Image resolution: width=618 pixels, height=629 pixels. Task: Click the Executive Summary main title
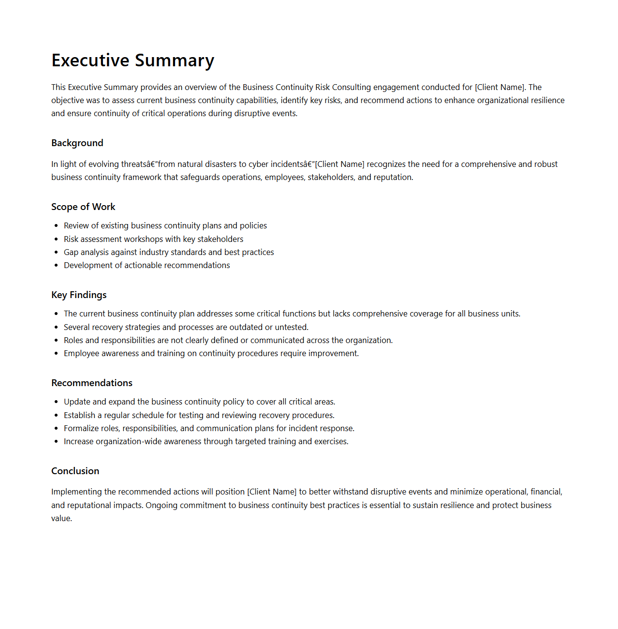click(132, 60)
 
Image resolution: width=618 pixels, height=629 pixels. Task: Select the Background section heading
click(77, 143)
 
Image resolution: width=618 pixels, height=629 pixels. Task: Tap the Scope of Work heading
click(83, 207)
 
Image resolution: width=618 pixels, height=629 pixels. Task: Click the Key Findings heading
click(79, 295)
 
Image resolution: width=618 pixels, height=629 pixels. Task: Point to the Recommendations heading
click(92, 383)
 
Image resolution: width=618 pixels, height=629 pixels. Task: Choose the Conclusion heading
click(75, 471)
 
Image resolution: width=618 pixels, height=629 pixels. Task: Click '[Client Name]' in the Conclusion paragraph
click(271, 492)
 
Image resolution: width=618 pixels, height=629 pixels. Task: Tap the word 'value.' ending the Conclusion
click(61, 518)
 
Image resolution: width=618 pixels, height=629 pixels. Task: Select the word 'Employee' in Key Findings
click(81, 353)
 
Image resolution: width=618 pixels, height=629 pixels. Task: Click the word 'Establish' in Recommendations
click(80, 415)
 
